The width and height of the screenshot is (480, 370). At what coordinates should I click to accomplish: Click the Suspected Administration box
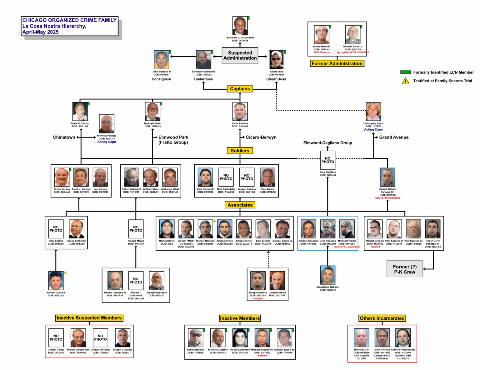[240, 56]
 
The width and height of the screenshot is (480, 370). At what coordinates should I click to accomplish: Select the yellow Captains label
[240, 89]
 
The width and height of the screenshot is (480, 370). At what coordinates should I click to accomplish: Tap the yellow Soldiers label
[240, 151]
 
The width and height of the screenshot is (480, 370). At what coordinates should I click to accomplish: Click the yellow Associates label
[240, 205]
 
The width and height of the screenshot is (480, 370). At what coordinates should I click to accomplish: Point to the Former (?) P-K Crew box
[405, 269]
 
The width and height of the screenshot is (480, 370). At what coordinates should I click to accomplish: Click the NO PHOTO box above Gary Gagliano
[327, 160]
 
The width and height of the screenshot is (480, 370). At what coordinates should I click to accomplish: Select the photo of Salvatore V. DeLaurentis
[240, 26]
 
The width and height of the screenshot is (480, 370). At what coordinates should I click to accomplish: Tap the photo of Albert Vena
[277, 60]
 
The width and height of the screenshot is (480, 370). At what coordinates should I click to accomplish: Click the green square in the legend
[405, 72]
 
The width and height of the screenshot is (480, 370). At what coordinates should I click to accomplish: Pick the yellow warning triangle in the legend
[405, 81]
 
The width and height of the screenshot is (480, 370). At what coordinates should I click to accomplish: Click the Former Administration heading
[337, 63]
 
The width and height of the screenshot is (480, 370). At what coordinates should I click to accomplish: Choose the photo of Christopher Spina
[373, 111]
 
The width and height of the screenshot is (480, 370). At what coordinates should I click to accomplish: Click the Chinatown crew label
[64, 137]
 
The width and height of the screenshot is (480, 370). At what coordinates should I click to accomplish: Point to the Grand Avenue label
[394, 137]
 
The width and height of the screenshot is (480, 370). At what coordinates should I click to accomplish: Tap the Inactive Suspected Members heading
[89, 318]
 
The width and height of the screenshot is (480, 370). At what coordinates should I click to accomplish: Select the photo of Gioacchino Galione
[327, 275]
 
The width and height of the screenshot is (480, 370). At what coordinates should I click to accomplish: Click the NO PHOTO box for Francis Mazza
[136, 229]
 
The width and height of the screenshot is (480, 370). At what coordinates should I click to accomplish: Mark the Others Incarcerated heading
[382, 318]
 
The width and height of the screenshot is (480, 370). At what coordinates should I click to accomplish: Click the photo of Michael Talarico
[56, 281]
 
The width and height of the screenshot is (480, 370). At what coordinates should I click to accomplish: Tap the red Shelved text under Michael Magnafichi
[262, 356]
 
